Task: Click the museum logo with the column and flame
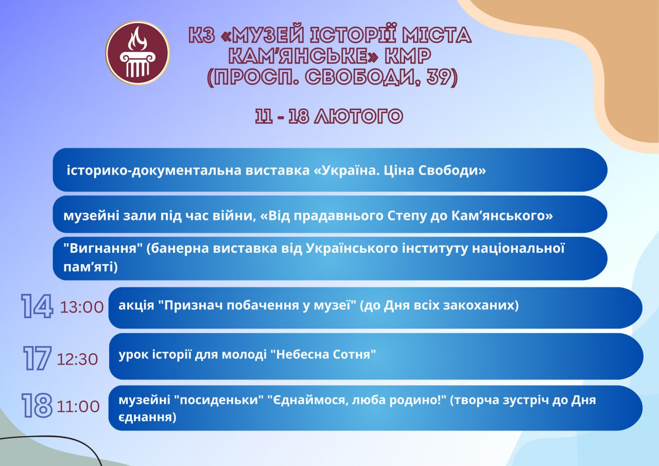pyautogui.click(x=137, y=53)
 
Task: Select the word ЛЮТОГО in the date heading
pyautogui.click(x=358, y=116)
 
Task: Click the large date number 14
pyautogui.click(x=37, y=306)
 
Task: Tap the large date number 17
pyautogui.click(x=37, y=358)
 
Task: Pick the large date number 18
pyautogui.click(x=37, y=406)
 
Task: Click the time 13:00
pyautogui.click(x=82, y=307)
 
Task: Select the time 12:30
pyautogui.click(x=77, y=359)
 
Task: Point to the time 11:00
pyautogui.click(x=78, y=407)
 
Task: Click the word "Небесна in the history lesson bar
pyautogui.click(x=298, y=354)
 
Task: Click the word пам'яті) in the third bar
pyautogui.click(x=90, y=267)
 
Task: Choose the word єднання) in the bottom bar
pyautogui.click(x=147, y=417)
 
